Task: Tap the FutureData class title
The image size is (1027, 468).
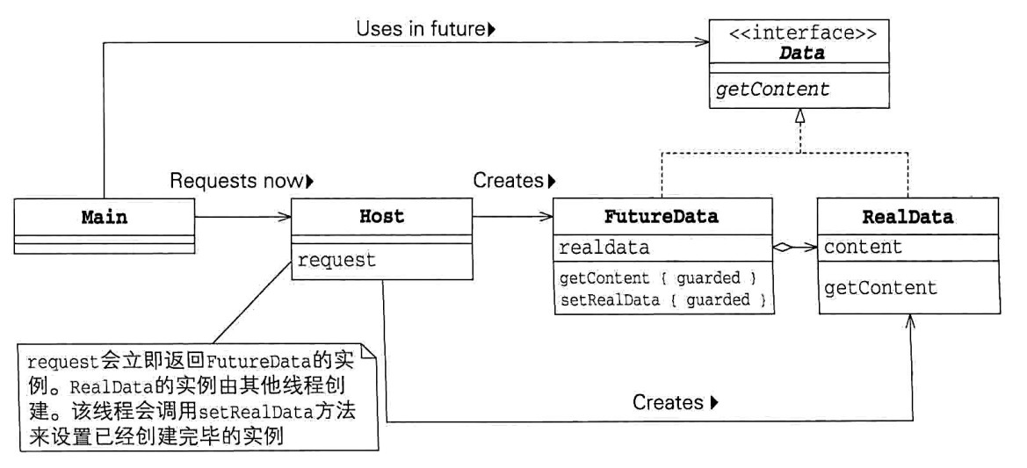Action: [662, 217]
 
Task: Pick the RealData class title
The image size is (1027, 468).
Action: [908, 217]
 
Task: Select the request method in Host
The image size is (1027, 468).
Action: [336, 260]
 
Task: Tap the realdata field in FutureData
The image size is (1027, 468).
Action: [604, 248]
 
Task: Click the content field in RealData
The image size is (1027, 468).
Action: [863, 248]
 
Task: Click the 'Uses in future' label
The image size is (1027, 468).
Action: [426, 29]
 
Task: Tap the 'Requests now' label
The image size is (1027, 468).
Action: [241, 182]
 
